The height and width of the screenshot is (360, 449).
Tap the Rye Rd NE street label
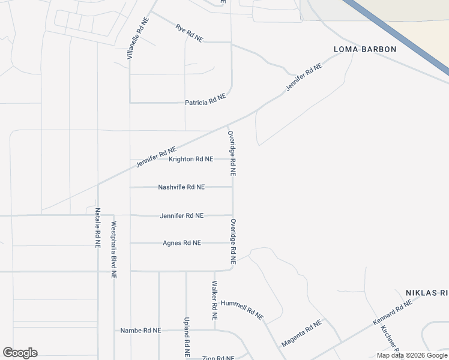click(x=189, y=32)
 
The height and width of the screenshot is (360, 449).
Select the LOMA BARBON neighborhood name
click(x=366, y=49)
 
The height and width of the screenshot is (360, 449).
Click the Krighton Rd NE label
click(x=191, y=159)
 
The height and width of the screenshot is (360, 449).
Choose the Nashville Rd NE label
click(x=181, y=187)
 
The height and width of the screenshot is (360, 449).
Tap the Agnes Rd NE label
click(x=182, y=243)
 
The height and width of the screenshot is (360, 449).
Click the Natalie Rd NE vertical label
click(x=98, y=228)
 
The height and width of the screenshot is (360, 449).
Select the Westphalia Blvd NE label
click(x=113, y=250)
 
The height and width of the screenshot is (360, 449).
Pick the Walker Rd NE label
click(x=214, y=296)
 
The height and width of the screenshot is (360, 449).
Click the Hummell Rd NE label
click(x=242, y=309)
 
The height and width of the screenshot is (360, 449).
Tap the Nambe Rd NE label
click(x=140, y=331)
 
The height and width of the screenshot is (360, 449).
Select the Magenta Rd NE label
click(x=301, y=334)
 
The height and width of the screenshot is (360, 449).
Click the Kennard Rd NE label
click(x=393, y=313)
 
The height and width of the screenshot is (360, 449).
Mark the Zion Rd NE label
click(x=218, y=358)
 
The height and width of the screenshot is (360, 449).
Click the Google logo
click(x=20, y=353)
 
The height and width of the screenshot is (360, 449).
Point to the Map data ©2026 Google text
click(x=412, y=355)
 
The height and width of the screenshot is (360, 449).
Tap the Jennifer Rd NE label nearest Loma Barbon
click(x=304, y=77)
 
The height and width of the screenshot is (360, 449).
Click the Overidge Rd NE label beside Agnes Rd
click(x=233, y=242)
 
